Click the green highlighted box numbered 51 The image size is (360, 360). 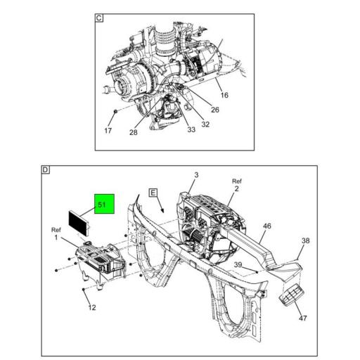coord(104,204)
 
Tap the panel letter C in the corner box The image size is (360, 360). coord(99,18)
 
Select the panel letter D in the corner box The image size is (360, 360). coord(45,169)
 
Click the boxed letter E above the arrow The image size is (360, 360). coord(153,193)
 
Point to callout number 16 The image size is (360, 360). coord(224,95)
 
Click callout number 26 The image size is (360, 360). coord(215,110)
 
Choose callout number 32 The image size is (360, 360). coord(205,124)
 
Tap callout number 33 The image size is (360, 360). coord(191,129)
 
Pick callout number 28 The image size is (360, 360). coord(134,132)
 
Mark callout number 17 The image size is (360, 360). coord(108,131)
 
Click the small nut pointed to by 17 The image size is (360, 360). coord(115,112)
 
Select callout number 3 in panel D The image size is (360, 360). coord(196,175)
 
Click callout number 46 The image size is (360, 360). coord(267,226)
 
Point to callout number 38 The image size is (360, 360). coord(306,240)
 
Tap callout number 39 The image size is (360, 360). coord(238,264)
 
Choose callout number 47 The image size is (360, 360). coord(303,318)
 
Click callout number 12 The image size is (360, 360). coord(92,307)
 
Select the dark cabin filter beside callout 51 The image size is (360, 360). coord(79,224)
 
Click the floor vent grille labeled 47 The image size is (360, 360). coord(292,295)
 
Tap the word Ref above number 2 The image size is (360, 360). coord(237,181)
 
